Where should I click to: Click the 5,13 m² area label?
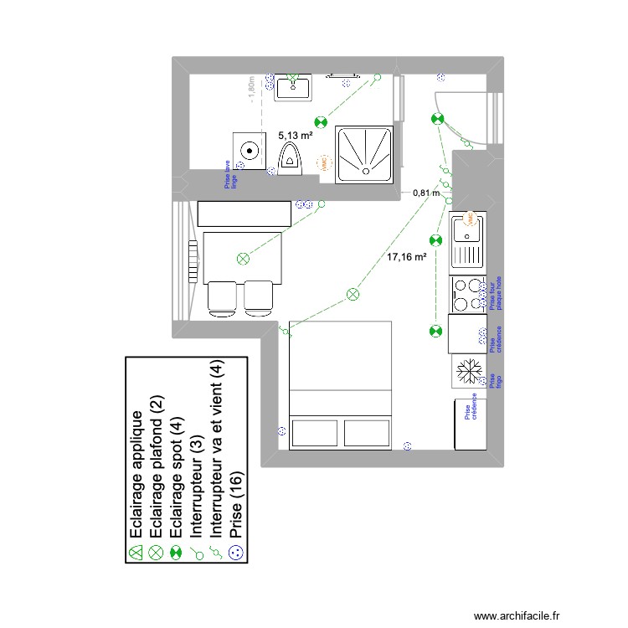pyautogui.click(x=295, y=134)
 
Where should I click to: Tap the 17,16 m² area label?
pyautogui.click(x=406, y=257)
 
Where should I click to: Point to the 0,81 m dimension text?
pyautogui.click(x=426, y=193)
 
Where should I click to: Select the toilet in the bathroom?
pyautogui.click(x=290, y=157)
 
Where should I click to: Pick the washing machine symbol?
pyautogui.click(x=249, y=151)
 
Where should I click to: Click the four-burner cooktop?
pyautogui.click(x=467, y=293)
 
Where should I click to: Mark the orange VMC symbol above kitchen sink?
pyautogui.click(x=470, y=219)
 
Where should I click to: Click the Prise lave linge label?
pyautogui.click(x=229, y=177)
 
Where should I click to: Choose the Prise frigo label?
pyautogui.click(x=497, y=382)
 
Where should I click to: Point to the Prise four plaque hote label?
pyautogui.click(x=495, y=295)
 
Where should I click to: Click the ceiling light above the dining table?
pyautogui.click(x=243, y=259)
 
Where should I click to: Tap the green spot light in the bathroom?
pyautogui.click(x=317, y=121)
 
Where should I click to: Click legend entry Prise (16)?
pyautogui.click(x=235, y=511)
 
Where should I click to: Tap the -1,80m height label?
pyautogui.click(x=251, y=89)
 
